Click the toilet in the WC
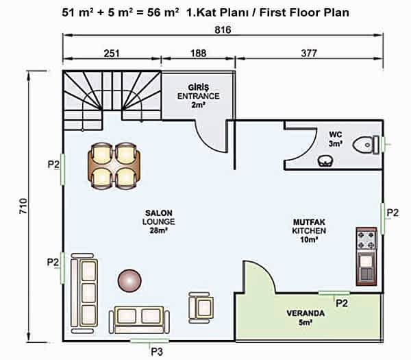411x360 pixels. (366, 145)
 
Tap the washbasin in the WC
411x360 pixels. (325, 160)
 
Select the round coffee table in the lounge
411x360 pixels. (129, 280)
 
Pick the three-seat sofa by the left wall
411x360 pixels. (84, 293)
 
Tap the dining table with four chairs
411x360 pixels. (114, 165)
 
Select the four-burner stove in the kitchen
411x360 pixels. (366, 240)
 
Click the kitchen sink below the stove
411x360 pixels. (366, 268)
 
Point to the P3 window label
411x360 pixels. (157, 352)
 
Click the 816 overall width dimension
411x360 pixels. (223, 30)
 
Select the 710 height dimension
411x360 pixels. (23, 206)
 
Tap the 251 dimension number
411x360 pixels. (112, 53)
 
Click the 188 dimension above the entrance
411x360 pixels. (199, 53)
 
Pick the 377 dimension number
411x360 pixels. (309, 53)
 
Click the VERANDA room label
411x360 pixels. (306, 317)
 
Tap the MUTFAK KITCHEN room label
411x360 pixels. (309, 230)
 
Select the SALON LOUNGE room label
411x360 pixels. (159, 221)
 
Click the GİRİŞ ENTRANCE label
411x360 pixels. (199, 96)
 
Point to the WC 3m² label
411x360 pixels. (336, 139)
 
